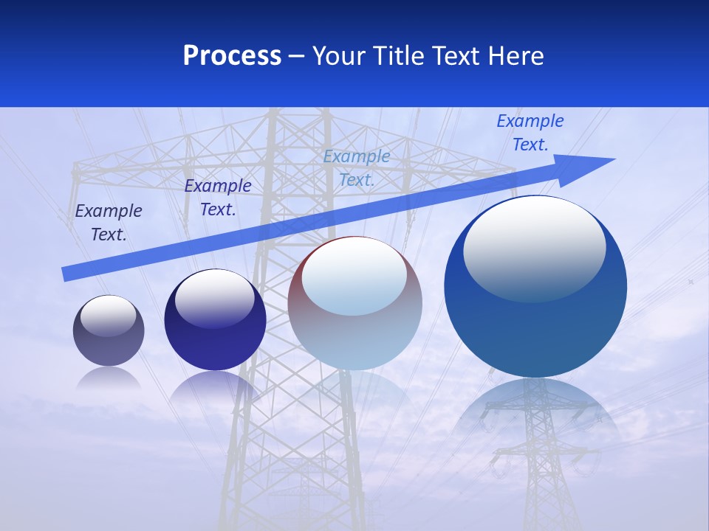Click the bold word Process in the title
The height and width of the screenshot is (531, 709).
click(x=232, y=56)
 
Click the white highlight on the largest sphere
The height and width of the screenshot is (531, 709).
click(x=534, y=249)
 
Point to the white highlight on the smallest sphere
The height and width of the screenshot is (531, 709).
click(x=109, y=316)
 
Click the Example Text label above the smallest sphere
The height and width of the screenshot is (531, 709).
click(x=109, y=223)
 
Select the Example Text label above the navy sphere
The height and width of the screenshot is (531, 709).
click(x=218, y=198)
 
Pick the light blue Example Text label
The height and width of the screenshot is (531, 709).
click(x=357, y=168)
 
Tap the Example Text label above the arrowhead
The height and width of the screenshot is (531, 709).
click(x=530, y=133)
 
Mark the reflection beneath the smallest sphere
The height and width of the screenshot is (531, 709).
click(x=109, y=379)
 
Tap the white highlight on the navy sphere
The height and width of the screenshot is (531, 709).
click(x=215, y=298)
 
